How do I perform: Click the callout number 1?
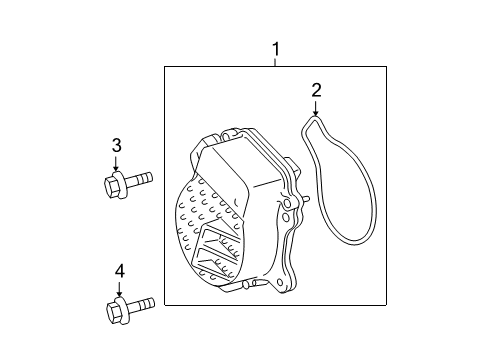pyautogui.click(x=276, y=48)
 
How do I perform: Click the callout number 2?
pyautogui.click(x=316, y=91)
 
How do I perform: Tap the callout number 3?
pyautogui.click(x=116, y=147)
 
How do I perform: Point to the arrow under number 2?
pyautogui.click(x=316, y=108)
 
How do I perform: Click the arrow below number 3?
pyautogui.click(x=116, y=165)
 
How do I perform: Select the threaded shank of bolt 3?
pyautogui.click(x=139, y=180)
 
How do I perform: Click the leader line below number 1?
pyautogui.click(x=276, y=61)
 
